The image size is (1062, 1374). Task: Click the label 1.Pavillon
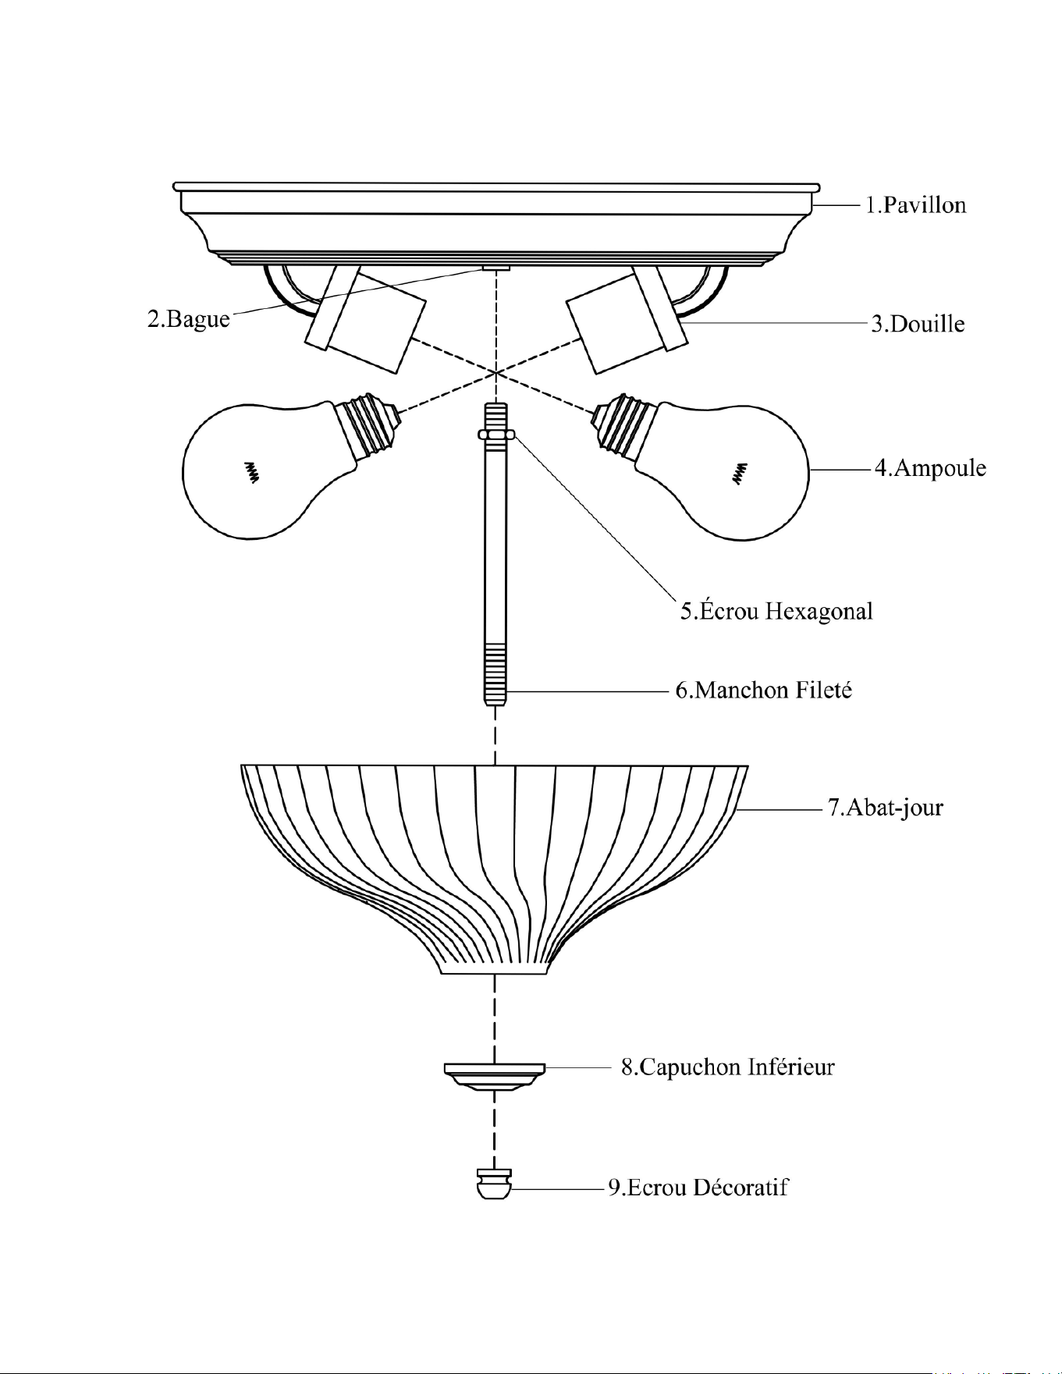[916, 205]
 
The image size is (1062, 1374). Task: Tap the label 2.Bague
[189, 320]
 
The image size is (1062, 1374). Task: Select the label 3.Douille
[918, 324]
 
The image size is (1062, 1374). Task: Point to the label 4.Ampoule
[930, 468]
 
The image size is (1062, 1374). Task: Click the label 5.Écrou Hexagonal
[776, 610]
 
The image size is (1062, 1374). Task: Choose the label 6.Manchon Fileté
[763, 690]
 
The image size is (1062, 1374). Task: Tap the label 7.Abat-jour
[885, 807]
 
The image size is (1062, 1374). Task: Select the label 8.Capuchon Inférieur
[727, 1067]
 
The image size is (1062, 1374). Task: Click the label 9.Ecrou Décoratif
[698, 1188]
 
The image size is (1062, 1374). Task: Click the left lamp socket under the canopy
[365, 319]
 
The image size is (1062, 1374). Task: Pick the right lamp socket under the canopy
[627, 319]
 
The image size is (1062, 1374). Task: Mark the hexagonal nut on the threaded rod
[496, 434]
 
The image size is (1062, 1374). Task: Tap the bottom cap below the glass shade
[494, 1076]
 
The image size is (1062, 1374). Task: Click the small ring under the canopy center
[495, 267]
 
